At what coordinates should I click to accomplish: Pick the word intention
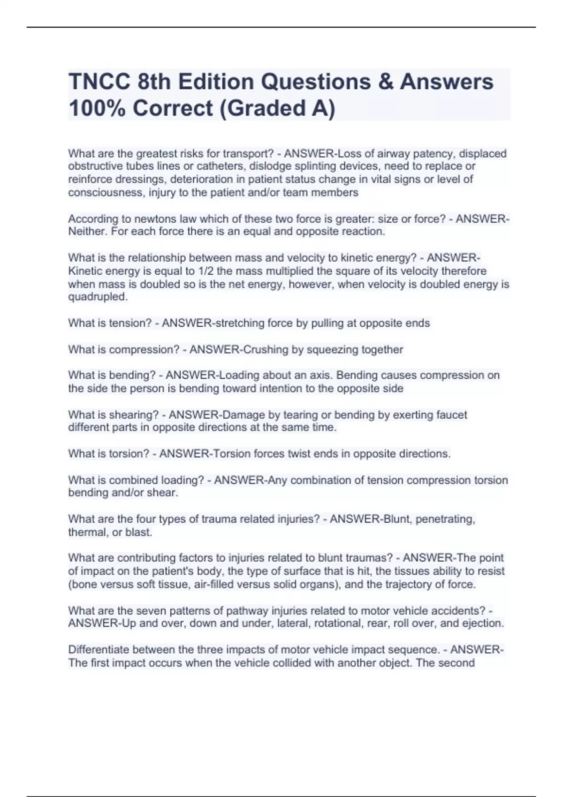click(272, 389)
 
